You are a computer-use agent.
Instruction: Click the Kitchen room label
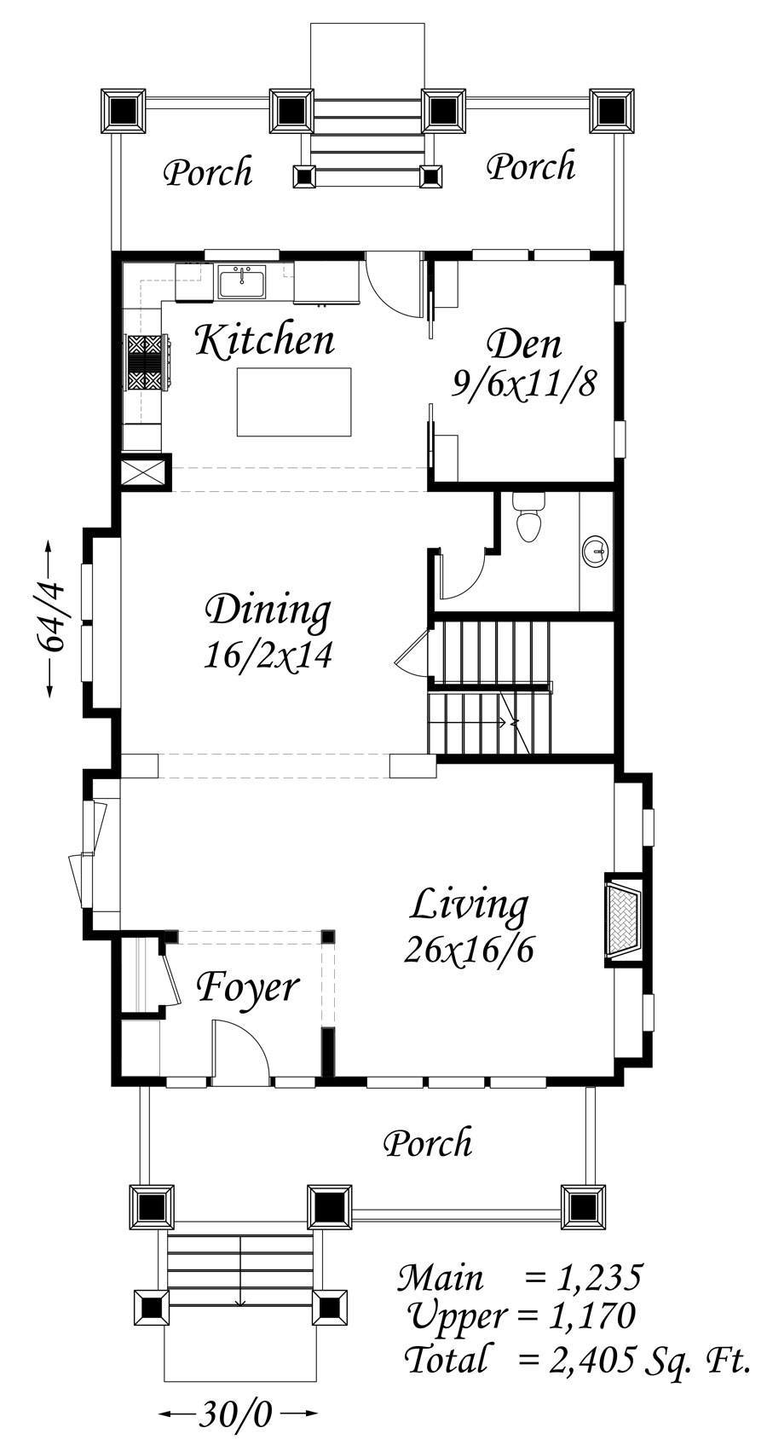[265, 340]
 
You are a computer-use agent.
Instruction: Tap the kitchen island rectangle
[294, 402]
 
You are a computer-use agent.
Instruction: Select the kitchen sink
[242, 282]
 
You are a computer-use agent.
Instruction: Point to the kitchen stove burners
[148, 362]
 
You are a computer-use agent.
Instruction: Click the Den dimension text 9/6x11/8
[523, 385]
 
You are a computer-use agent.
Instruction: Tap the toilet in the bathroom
[529, 517]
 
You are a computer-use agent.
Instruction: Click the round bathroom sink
[596, 552]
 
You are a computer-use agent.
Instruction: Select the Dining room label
[268, 612]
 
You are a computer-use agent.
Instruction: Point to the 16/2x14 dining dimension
[268, 655]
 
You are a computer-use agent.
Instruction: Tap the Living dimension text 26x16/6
[469, 951]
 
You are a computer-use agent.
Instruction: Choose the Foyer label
[247, 988]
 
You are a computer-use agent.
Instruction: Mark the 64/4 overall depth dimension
[51, 618]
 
